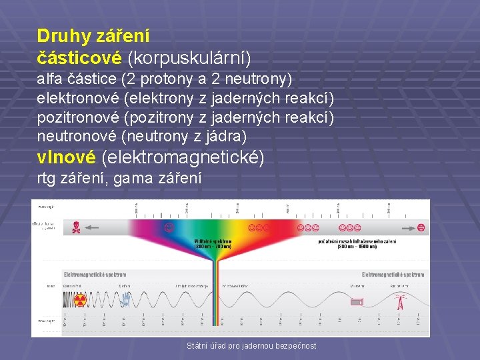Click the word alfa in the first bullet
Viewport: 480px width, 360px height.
click(x=51, y=79)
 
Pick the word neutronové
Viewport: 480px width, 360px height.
click(x=75, y=137)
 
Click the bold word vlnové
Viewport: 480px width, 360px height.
click(x=67, y=158)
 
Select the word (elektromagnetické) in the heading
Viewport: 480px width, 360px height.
click(x=183, y=158)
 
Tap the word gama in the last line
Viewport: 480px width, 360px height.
click(x=134, y=179)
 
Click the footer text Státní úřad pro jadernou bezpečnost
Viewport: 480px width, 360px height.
click(x=252, y=345)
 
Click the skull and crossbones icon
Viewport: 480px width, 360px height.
click(x=77, y=228)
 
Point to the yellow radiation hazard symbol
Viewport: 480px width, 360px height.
click(x=80, y=300)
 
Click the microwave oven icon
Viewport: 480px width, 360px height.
click(x=357, y=302)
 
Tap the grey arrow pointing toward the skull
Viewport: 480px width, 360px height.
click(x=91, y=228)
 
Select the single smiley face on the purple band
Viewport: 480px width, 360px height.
click(x=169, y=228)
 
